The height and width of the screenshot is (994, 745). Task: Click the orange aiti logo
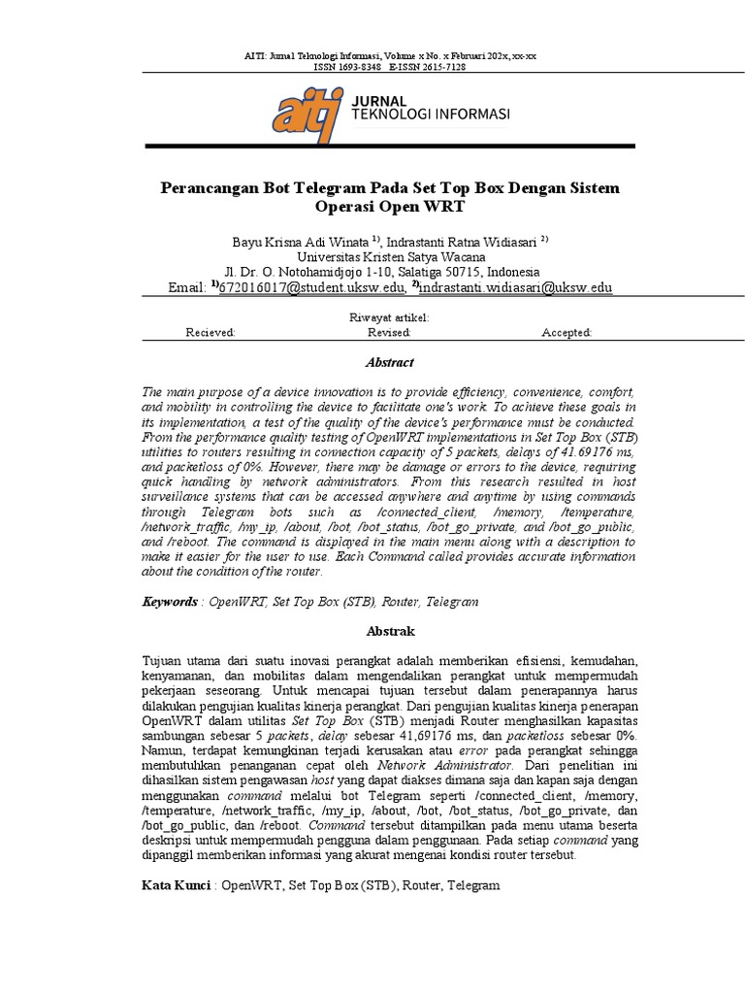pos(305,114)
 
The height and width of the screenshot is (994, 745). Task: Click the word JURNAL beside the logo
pos(380,101)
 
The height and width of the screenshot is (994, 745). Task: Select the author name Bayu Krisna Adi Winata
pos(300,240)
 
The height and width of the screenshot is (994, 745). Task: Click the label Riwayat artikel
pos(389,318)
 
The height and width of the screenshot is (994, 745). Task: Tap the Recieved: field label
pos(211,333)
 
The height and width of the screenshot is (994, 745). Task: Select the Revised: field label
pos(389,333)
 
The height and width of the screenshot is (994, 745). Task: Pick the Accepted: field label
pos(567,333)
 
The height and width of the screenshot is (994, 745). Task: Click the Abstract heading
pos(389,363)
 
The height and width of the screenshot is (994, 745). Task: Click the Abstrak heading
pos(389,631)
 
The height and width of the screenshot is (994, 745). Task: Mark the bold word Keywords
pos(169,602)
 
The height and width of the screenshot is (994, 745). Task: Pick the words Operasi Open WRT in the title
pos(390,208)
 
